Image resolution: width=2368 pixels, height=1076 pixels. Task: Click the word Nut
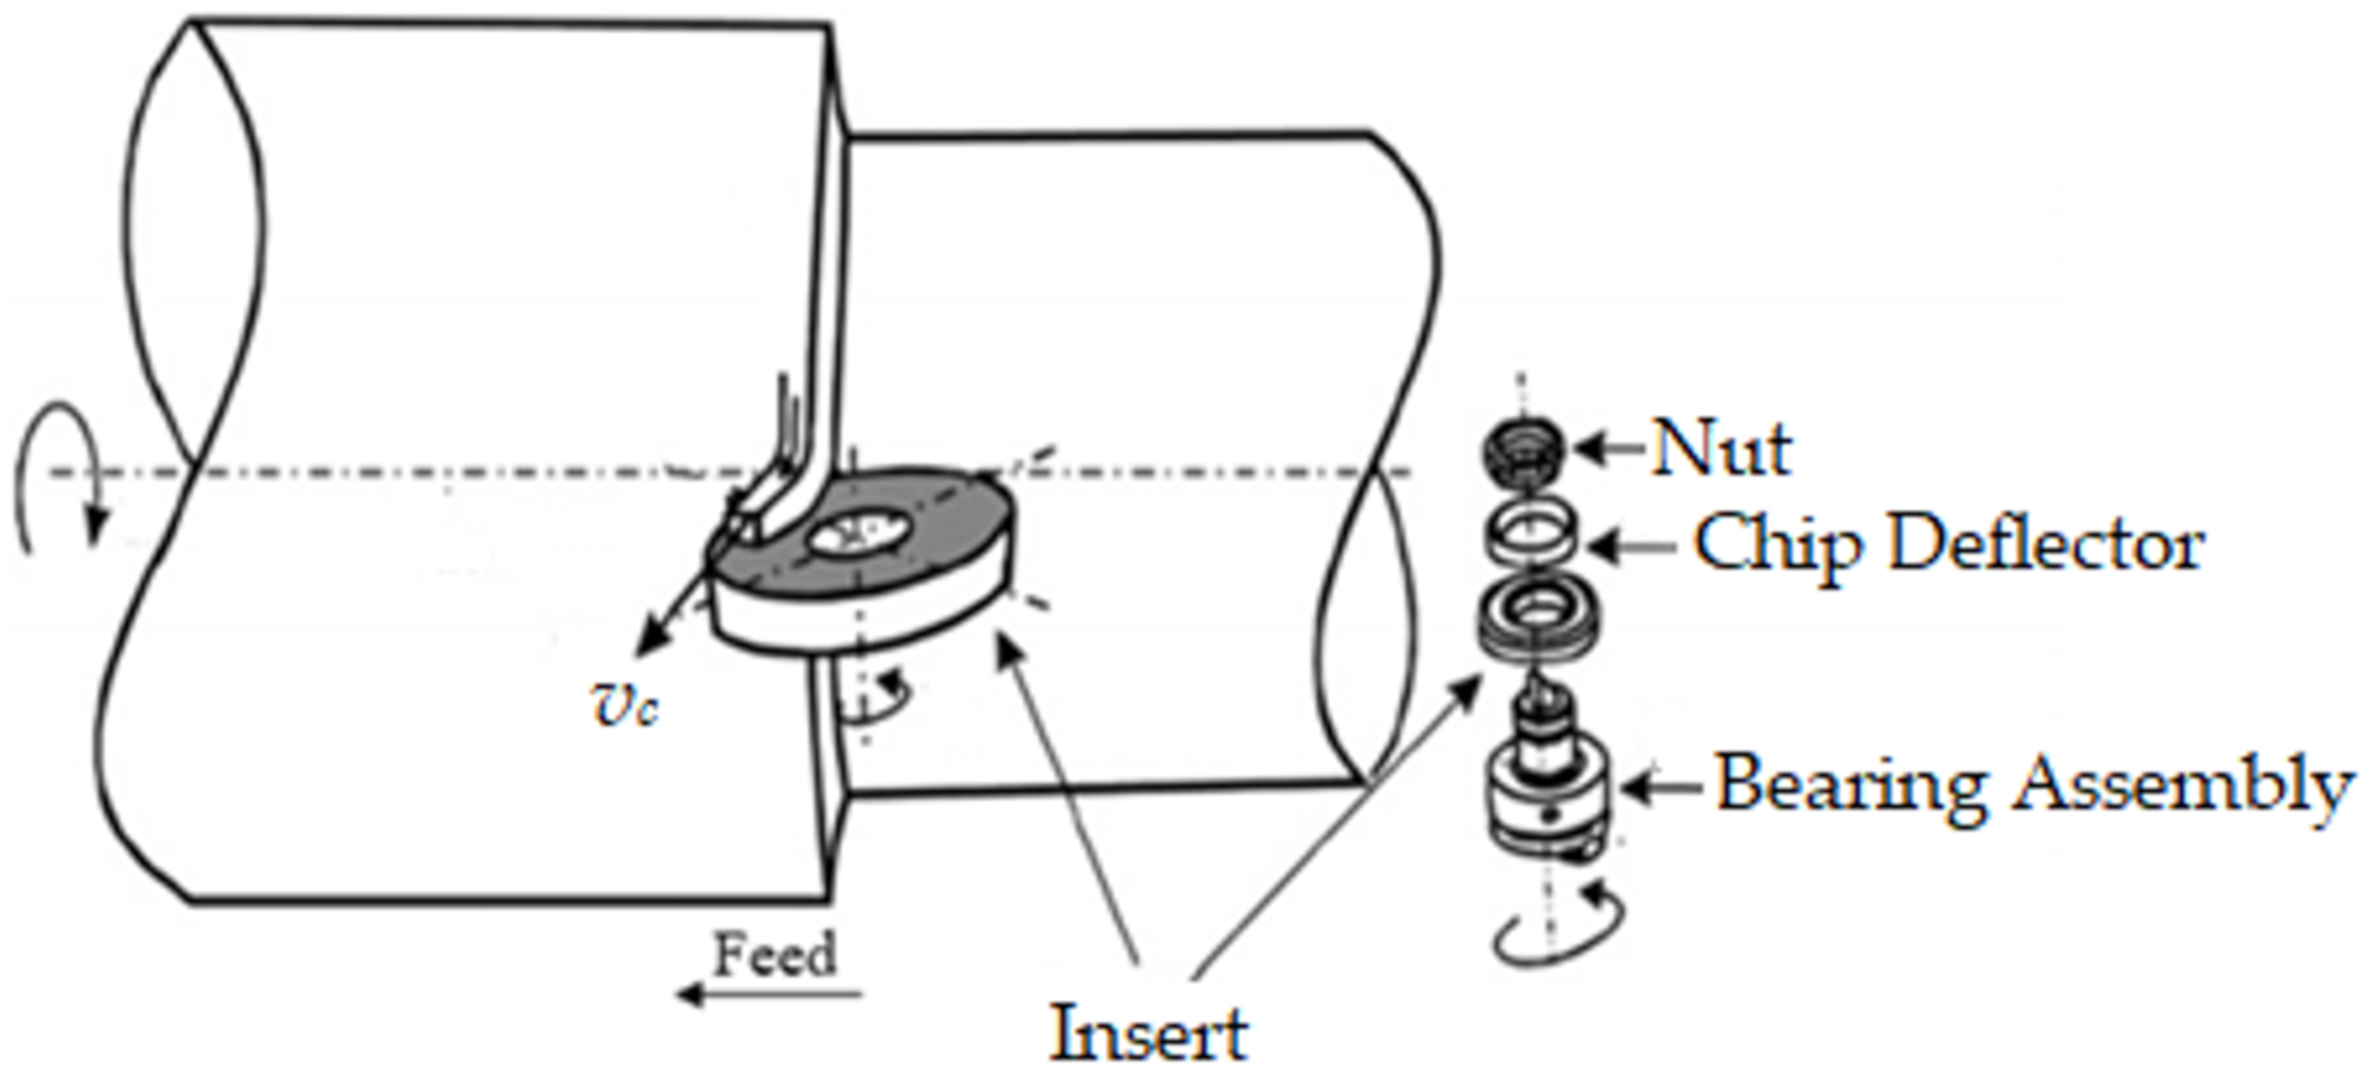pos(1721,450)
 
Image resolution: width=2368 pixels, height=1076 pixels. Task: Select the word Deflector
pos(2047,544)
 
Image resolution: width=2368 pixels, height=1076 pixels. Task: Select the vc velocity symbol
pos(624,706)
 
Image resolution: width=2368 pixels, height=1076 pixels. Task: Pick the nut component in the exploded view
pos(1522,450)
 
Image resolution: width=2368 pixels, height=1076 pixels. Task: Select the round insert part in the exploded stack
pos(1536,615)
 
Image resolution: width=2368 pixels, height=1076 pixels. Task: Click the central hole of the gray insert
pos(859,534)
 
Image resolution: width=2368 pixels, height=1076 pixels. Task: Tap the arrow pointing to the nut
pos(1609,450)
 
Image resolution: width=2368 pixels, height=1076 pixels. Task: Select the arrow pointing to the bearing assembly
pos(1662,789)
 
